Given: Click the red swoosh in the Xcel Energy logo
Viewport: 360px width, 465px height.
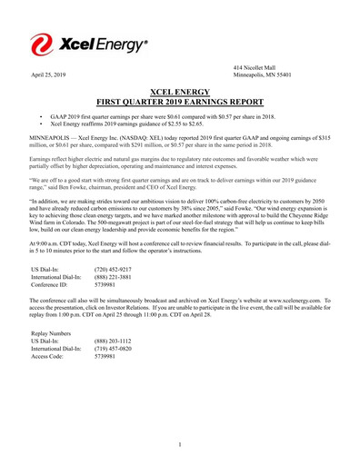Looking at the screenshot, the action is [x=43, y=43].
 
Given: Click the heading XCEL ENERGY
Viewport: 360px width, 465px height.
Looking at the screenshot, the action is [x=180, y=93].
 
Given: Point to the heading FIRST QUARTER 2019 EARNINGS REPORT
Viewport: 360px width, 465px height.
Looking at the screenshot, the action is [x=180, y=103].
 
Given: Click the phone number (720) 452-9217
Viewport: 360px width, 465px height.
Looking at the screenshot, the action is [x=115, y=270].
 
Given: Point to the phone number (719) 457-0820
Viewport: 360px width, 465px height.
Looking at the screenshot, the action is [x=115, y=352].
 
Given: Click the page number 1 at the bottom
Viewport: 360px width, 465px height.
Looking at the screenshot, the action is [x=180, y=444].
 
